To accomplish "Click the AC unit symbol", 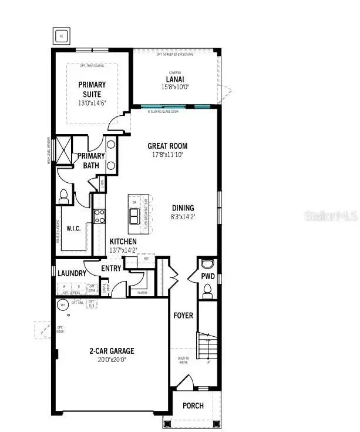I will tap(61, 36).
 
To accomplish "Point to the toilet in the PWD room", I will tap(207, 289).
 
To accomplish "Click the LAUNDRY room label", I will tap(72, 273).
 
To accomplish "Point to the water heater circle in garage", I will tap(62, 304).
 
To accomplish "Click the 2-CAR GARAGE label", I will tap(112, 351).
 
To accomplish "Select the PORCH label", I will tap(193, 406).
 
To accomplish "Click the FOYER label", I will tap(183, 316).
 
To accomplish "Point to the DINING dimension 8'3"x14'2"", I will tap(183, 216).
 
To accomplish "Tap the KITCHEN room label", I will tap(123, 242).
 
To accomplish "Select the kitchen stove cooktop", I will tap(100, 216).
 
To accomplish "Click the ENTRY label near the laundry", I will tap(111, 269).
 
